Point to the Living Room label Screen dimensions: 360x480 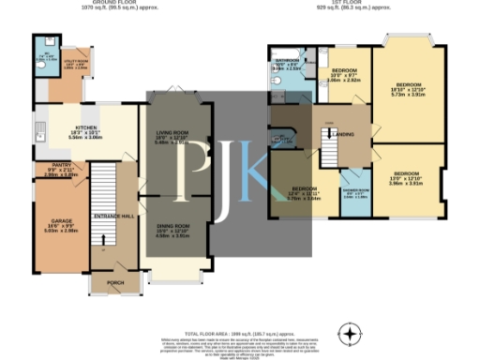[x=172, y=137]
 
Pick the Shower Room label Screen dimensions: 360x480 [x=354, y=195]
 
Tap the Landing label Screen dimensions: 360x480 [x=344, y=135]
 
